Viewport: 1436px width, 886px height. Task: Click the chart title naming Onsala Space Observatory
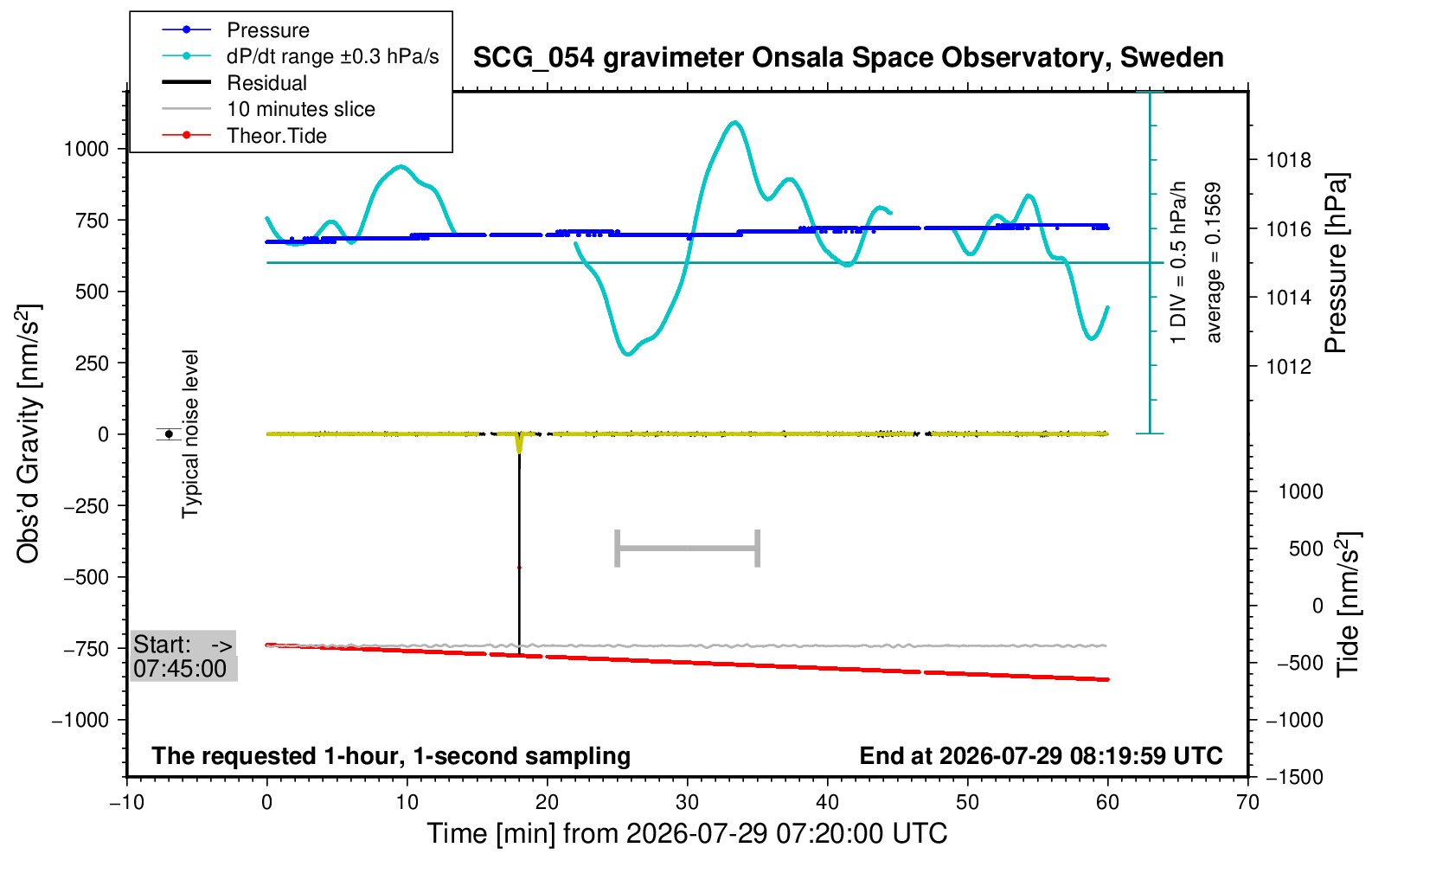(848, 58)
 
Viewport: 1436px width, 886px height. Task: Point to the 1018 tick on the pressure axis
(1289, 159)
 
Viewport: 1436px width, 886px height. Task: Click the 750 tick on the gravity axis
(95, 221)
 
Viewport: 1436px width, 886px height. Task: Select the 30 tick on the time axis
(687, 802)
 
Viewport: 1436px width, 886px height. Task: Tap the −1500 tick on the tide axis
(1294, 777)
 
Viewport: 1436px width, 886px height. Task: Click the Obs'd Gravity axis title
(29, 434)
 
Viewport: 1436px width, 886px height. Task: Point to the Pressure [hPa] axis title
(1336, 263)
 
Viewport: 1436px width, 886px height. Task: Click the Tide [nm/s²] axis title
(1348, 605)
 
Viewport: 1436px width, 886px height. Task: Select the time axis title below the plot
(687, 834)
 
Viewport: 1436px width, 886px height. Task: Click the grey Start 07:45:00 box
(184, 656)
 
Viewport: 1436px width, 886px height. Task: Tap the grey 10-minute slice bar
(687, 549)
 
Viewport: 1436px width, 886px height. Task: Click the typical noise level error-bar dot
(169, 434)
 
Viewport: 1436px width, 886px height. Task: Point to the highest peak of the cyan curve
(735, 122)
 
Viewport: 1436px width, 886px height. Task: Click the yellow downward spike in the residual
(519, 444)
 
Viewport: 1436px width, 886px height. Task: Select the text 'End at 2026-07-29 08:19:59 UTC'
(1042, 756)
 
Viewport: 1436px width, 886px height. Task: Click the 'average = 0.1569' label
(1214, 263)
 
